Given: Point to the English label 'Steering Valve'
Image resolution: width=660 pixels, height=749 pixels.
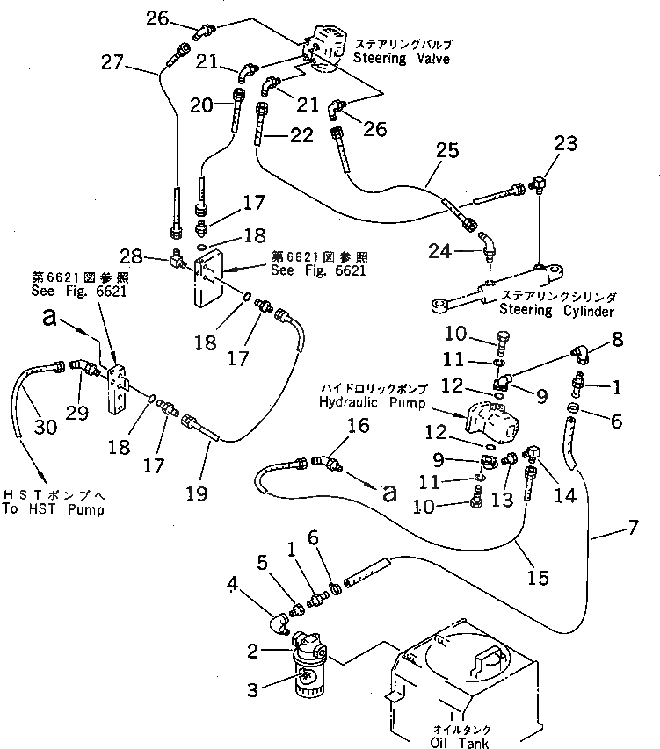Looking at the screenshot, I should (x=401, y=59).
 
